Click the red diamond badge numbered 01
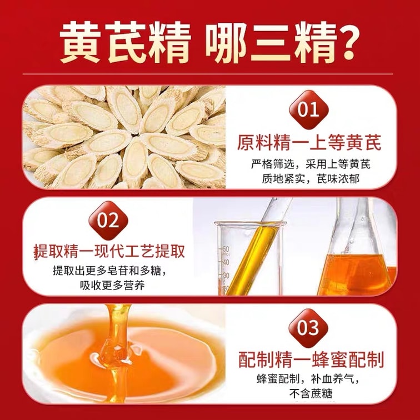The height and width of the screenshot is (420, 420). click(x=308, y=110)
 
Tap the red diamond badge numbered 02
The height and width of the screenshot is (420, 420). click(x=108, y=221)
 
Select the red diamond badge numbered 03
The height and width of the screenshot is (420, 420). click(x=308, y=328)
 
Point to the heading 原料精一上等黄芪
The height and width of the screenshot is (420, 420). click(x=309, y=143)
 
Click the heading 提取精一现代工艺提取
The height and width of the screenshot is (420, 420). click(x=109, y=251)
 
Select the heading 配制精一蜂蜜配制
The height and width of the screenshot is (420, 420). click(x=311, y=360)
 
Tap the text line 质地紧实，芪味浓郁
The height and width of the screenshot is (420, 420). click(x=311, y=179)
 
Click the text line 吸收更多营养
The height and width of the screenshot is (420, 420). click(x=112, y=285)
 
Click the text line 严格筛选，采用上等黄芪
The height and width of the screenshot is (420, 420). click(x=311, y=164)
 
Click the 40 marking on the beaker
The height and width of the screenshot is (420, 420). click(x=226, y=262)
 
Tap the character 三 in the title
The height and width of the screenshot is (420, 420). click(x=271, y=43)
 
